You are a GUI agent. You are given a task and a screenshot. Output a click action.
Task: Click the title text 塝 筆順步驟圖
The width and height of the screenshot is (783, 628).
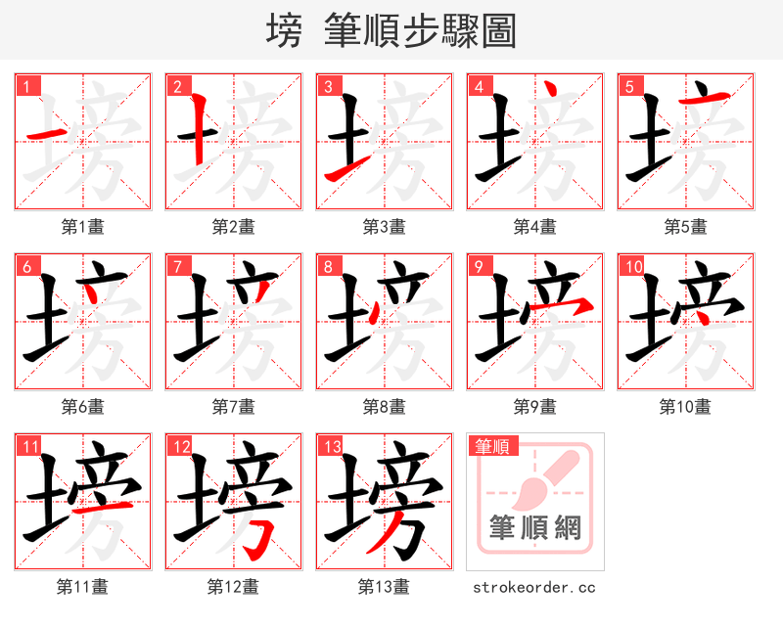(391, 31)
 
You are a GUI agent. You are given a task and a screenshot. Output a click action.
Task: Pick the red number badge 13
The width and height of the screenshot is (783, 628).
(331, 447)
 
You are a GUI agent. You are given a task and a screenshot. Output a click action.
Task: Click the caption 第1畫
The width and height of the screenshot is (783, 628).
(82, 227)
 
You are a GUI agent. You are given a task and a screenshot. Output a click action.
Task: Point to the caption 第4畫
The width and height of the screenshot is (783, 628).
(534, 227)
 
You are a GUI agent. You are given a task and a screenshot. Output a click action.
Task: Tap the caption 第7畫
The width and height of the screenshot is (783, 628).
(233, 407)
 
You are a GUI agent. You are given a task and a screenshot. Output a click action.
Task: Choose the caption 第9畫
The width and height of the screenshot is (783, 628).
(534, 407)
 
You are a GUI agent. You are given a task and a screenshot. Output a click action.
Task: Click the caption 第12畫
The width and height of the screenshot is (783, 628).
(233, 587)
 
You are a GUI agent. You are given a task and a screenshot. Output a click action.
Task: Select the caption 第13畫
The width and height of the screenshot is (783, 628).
(384, 587)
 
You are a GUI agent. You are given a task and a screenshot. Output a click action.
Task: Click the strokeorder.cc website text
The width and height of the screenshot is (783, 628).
(534, 588)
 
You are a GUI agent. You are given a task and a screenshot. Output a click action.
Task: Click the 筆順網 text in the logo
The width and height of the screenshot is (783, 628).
(534, 529)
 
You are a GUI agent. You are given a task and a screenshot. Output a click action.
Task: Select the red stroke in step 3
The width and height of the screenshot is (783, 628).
(341, 172)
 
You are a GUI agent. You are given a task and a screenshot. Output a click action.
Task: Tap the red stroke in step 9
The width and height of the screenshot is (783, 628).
(568, 307)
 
